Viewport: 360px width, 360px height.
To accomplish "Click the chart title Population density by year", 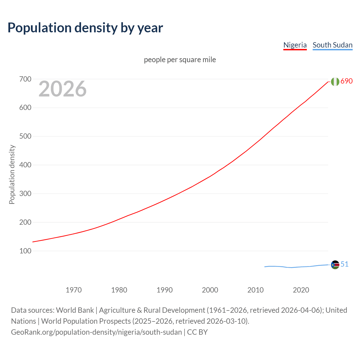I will (x=85, y=28).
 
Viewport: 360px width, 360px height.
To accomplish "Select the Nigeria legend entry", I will (x=295, y=45).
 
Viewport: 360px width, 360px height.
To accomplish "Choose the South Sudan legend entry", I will (x=332, y=45).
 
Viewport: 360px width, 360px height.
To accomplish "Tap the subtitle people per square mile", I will (x=180, y=60).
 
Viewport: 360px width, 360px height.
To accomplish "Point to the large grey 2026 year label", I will (x=62, y=89).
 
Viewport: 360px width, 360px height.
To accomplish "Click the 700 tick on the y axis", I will (x=25, y=79).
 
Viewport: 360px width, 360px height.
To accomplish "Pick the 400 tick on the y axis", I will (x=25, y=165).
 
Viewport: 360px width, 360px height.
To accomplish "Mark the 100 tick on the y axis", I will (x=25, y=251).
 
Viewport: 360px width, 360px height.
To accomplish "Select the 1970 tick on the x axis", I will (x=74, y=290).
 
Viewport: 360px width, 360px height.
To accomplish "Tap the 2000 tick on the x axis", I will (x=210, y=290).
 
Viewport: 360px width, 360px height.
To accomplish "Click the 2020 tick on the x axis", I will (x=301, y=290).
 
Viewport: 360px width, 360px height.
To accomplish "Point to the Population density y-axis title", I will (x=12, y=174).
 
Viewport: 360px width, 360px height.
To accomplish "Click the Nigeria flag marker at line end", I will (x=335, y=82).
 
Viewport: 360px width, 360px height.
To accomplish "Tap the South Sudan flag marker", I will (x=335, y=265).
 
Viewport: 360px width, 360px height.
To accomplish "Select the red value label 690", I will (x=346, y=81).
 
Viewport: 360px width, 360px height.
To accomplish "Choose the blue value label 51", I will (x=345, y=264).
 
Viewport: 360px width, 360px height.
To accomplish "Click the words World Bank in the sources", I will (x=75, y=310).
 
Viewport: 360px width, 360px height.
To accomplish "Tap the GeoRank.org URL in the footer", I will (x=96, y=332).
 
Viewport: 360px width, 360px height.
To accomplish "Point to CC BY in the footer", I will (x=197, y=332).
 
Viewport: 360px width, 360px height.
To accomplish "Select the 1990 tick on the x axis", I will (x=165, y=290).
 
